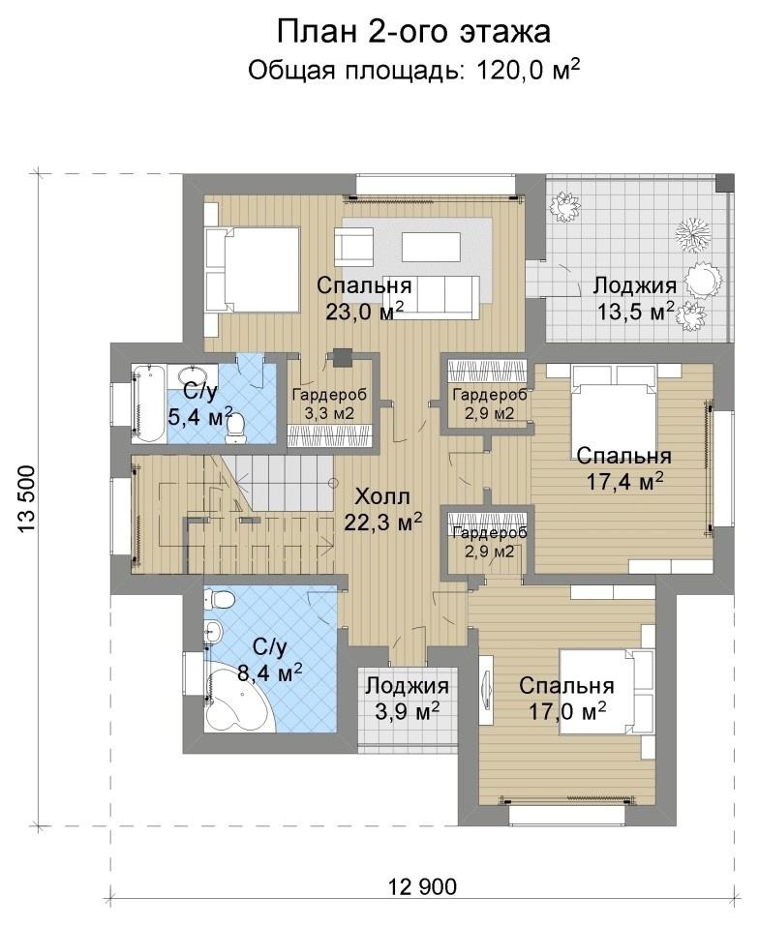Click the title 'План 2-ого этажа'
(x=413, y=31)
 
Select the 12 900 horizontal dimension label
(x=422, y=885)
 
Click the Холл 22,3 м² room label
(x=382, y=509)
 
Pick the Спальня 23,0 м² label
(x=364, y=298)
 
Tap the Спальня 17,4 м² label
(x=624, y=467)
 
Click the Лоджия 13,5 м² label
(x=635, y=297)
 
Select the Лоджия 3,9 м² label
(x=407, y=698)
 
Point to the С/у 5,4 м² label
(x=200, y=403)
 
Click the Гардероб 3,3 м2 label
(x=329, y=403)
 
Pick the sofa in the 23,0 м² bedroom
(x=431, y=293)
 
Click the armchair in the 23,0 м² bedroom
(x=353, y=247)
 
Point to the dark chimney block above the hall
(x=342, y=358)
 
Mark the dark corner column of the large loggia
(x=724, y=182)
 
